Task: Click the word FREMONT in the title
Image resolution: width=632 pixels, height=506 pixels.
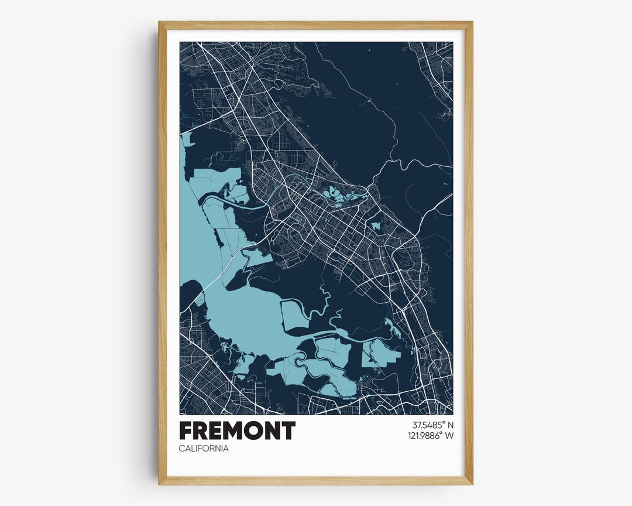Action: point(237,431)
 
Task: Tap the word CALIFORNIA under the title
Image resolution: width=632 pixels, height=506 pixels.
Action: point(204,449)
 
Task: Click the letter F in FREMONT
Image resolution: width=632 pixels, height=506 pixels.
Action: point(186,431)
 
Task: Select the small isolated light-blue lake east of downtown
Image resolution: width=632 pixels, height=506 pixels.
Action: point(376,225)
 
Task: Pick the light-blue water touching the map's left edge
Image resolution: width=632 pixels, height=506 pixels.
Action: point(186,140)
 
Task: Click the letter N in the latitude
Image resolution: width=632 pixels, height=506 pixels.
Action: point(451,425)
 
